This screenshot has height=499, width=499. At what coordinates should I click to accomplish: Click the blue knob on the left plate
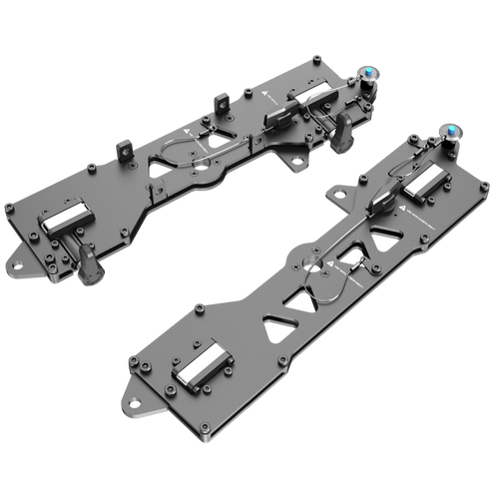point(368,72)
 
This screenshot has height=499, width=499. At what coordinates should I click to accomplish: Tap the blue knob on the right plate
point(452,131)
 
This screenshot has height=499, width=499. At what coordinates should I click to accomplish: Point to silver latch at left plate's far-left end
point(68,217)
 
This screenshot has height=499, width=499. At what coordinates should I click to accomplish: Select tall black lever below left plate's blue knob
point(346,134)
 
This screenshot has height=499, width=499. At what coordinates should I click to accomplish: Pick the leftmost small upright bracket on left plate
point(124,150)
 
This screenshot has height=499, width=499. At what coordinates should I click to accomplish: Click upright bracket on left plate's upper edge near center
point(222,100)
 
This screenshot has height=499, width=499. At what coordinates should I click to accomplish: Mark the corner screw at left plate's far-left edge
point(8,208)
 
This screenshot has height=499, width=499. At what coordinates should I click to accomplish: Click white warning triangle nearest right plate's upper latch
point(397,212)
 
